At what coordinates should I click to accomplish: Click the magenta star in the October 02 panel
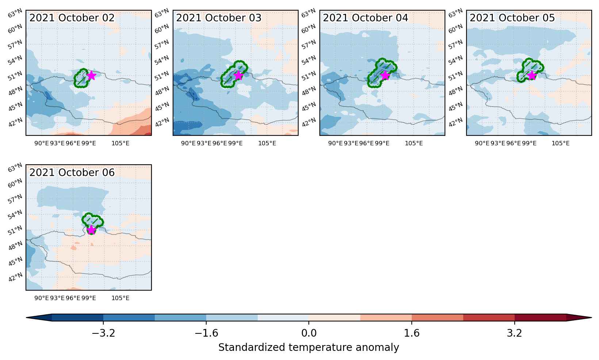click(92, 76)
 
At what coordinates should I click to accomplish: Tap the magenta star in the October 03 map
click(238, 76)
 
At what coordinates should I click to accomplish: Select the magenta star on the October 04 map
click(385, 76)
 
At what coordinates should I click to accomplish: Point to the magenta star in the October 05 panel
click(532, 76)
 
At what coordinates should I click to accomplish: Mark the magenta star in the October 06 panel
click(92, 230)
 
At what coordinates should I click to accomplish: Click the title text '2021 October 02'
click(72, 18)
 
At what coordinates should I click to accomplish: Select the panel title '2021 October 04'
click(365, 18)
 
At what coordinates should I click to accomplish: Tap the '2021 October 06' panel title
click(72, 172)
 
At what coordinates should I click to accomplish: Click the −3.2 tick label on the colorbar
click(103, 333)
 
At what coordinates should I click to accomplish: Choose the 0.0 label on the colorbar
click(309, 333)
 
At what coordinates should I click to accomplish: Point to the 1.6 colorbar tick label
click(412, 333)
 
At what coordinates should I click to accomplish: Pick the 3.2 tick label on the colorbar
click(515, 333)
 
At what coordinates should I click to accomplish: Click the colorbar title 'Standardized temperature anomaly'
click(308, 348)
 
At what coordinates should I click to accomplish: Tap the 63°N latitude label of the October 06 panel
click(15, 168)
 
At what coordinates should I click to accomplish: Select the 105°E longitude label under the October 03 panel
click(267, 143)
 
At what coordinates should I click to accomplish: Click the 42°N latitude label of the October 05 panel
click(456, 123)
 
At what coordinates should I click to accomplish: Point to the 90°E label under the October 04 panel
click(335, 143)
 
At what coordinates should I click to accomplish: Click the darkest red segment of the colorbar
click(540, 318)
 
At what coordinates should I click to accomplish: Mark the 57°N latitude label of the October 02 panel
click(15, 45)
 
